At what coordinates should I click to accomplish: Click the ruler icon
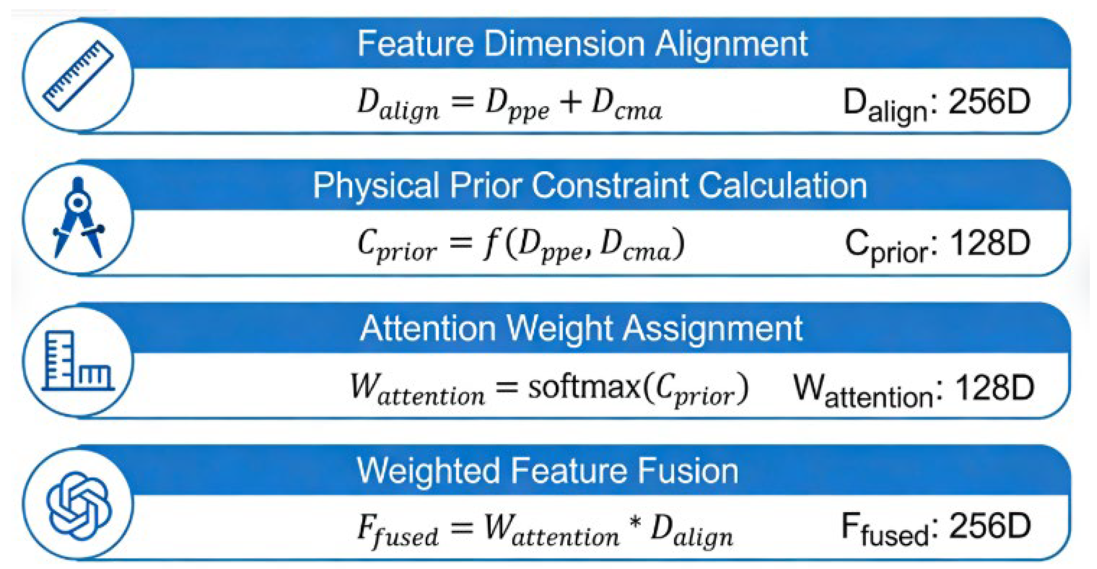coord(78,76)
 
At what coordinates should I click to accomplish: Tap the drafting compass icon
coord(78,217)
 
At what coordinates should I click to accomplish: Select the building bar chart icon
coord(78,361)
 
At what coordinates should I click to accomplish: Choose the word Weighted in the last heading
coord(428,471)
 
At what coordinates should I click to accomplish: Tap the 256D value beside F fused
coord(990,526)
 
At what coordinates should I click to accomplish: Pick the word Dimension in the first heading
coord(564,44)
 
